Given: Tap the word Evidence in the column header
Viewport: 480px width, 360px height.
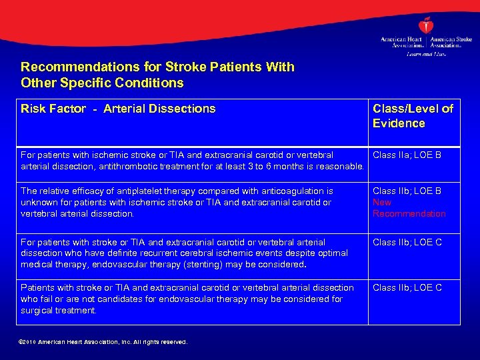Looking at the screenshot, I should pos(399,123).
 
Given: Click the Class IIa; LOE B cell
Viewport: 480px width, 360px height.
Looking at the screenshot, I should pos(407,155).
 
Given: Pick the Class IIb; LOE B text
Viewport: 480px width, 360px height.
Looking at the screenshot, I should pos(407,191).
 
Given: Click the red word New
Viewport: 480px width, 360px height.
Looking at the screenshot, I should pos(382,203).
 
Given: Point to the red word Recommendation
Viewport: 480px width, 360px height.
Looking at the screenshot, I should pos(409,214).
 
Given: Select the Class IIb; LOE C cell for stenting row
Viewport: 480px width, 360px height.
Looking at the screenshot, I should pos(407,242).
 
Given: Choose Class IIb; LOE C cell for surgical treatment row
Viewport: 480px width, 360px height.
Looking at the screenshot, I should pos(407,288).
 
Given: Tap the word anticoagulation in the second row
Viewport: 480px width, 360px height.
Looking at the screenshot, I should pos(295,191).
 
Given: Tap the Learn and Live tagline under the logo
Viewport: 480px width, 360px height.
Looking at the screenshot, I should pos(427,53).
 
